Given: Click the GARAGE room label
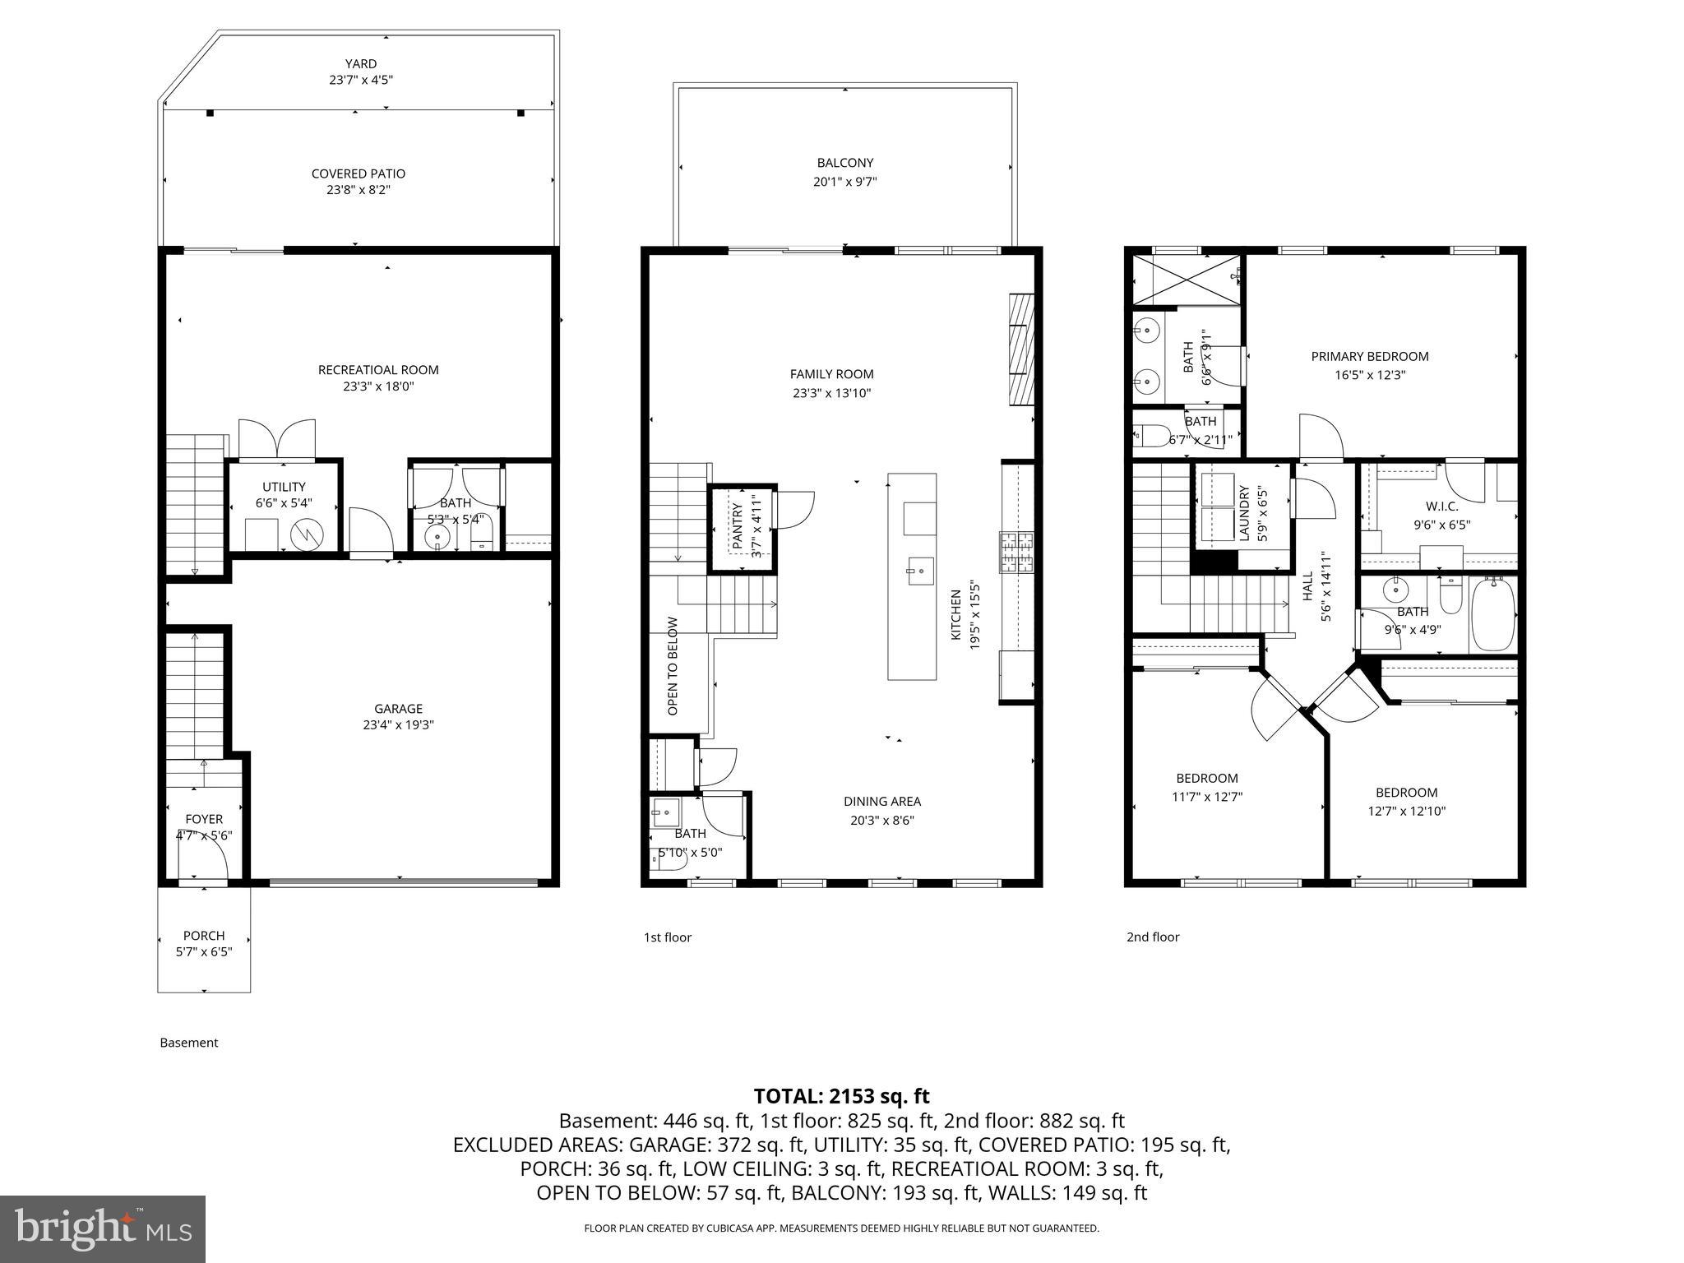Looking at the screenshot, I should point(398,708).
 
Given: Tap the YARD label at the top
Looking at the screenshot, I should point(360,63).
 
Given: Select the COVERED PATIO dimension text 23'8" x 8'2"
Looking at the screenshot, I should point(359,190).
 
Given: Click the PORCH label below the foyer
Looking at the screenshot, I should point(204,935).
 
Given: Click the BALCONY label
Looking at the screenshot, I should point(844,163).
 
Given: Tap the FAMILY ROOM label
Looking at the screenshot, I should point(831,374).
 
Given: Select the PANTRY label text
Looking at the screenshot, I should point(737,526).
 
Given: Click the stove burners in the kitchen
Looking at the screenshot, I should point(1017,552).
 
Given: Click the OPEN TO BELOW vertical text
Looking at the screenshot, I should point(673,665).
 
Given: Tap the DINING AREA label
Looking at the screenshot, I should point(881,801).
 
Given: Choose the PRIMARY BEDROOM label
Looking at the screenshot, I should point(1369,356).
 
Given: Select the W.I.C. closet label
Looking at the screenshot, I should point(1441,507).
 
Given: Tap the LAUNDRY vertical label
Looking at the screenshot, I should point(1243,513).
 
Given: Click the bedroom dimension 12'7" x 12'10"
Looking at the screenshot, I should point(1406,811).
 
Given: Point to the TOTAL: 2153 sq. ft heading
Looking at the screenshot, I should point(841,1096).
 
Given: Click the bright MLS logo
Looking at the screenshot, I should point(103,1228).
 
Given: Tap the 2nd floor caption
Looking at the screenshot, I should point(1152,937).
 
